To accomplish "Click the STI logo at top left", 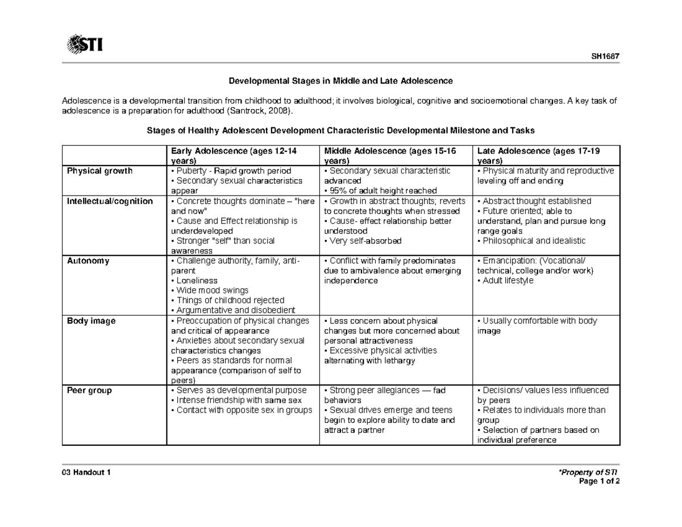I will [x=85, y=43].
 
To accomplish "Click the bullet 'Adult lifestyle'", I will [x=508, y=281].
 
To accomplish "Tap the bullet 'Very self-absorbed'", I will [x=364, y=241].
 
